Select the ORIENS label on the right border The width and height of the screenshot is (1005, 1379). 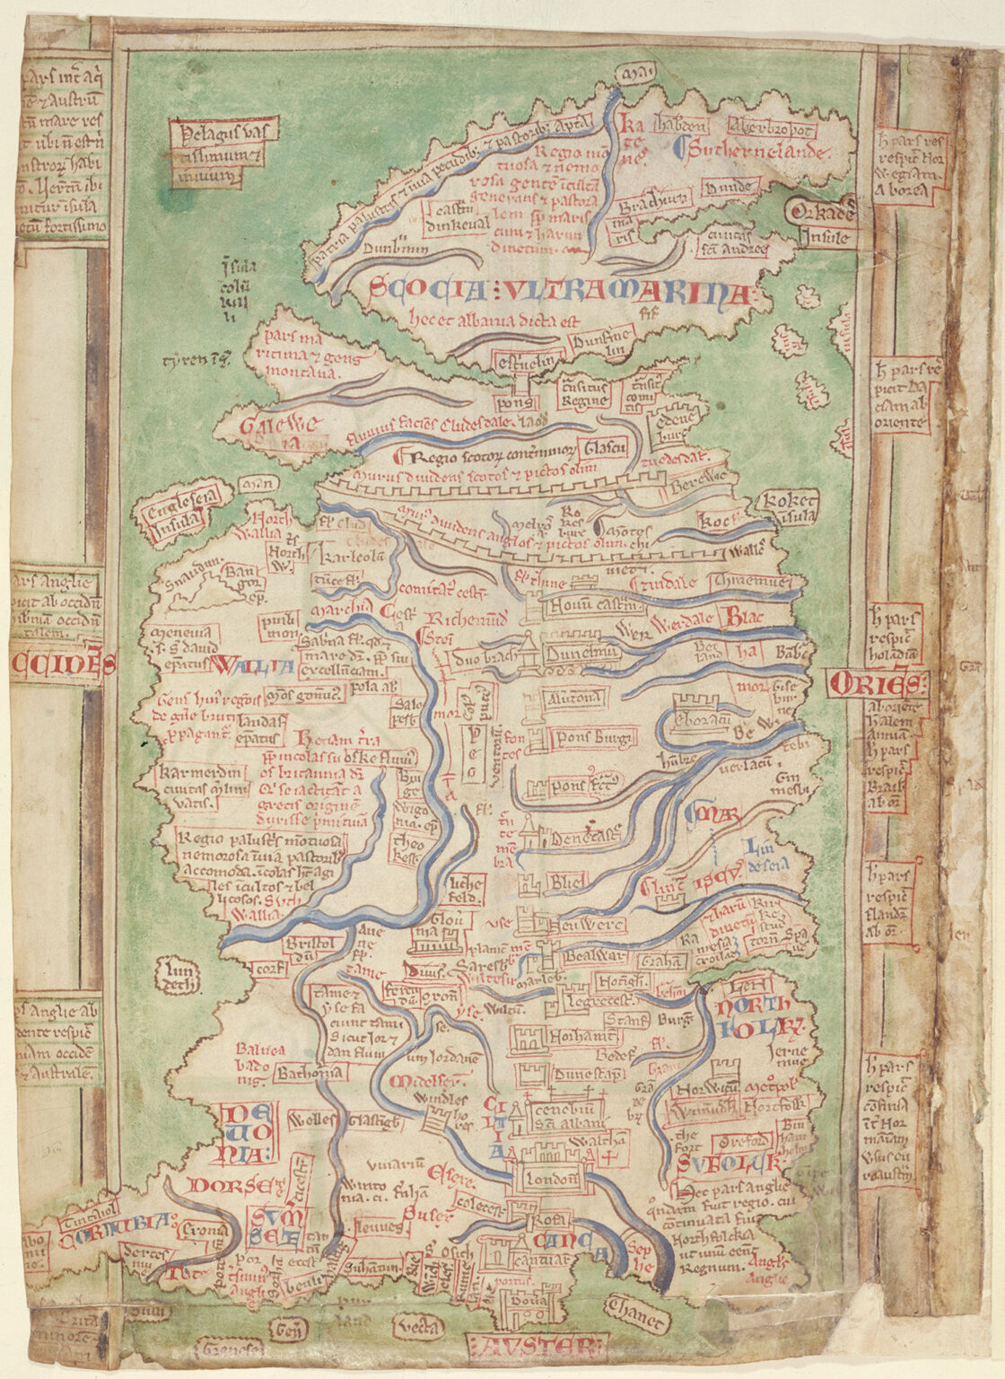tap(876, 684)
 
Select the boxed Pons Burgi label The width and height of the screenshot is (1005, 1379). tap(594, 738)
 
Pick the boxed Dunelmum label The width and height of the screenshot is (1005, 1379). tap(582, 654)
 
